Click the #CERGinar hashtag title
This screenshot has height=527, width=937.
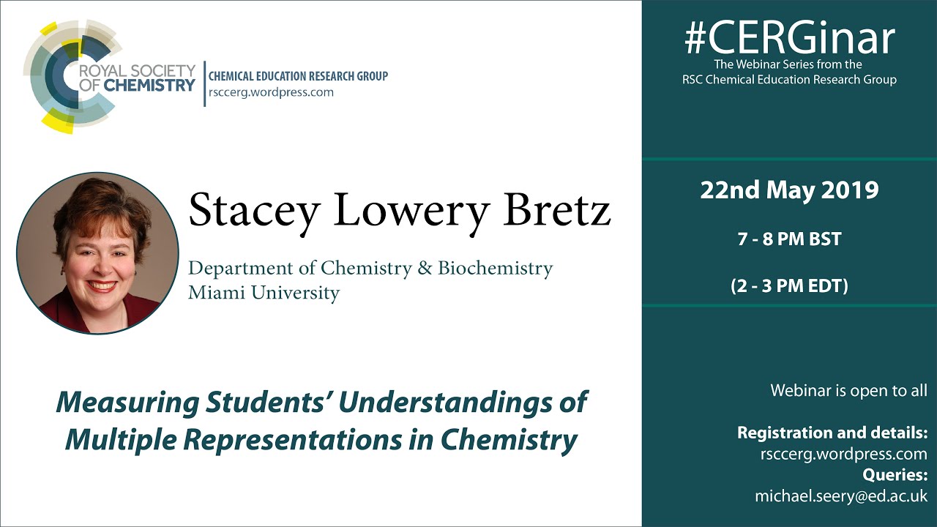pyautogui.click(x=789, y=38)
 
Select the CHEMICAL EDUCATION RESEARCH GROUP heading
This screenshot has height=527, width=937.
pyautogui.click(x=298, y=76)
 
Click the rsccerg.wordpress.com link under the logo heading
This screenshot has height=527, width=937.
pyautogui.click(x=271, y=92)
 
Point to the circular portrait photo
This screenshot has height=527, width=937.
pyautogui.click(x=97, y=253)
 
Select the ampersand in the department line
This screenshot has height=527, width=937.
pyautogui.click(x=424, y=269)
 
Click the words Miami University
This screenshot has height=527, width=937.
pyautogui.click(x=264, y=294)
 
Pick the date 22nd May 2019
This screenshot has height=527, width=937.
pyautogui.click(x=789, y=190)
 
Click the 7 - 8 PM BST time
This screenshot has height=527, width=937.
pyautogui.click(x=789, y=239)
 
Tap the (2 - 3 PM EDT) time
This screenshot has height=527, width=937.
pyautogui.click(x=789, y=285)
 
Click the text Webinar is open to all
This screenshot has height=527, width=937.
pyautogui.click(x=848, y=390)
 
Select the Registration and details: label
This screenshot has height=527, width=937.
pyautogui.click(x=832, y=432)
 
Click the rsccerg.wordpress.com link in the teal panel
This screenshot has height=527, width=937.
pyautogui.click(x=844, y=454)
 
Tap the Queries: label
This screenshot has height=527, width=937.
pyautogui.click(x=895, y=475)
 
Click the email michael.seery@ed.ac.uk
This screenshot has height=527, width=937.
pyautogui.click(x=841, y=496)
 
